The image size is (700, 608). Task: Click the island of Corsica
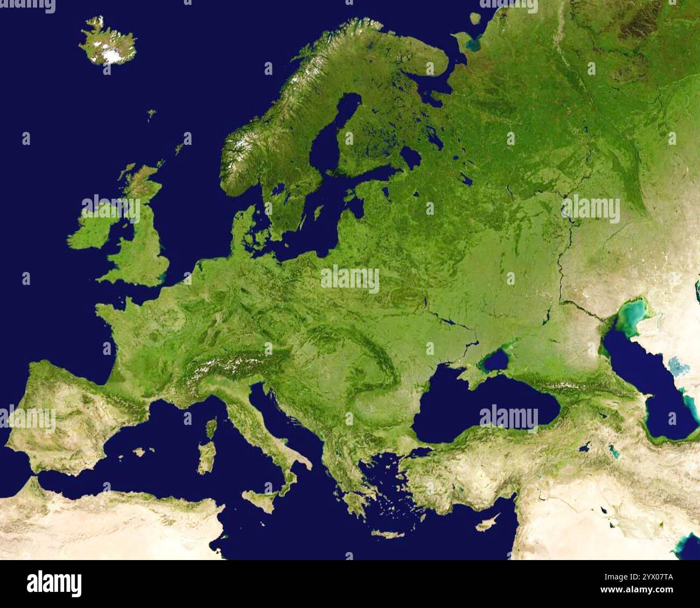(211, 428)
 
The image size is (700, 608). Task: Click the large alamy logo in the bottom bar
(54, 584)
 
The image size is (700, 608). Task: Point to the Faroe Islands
(152, 114)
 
